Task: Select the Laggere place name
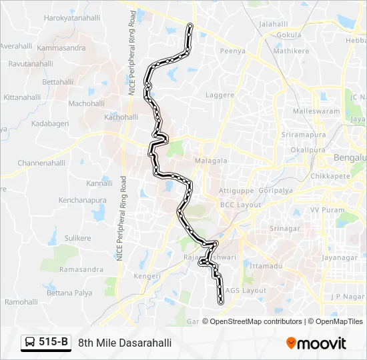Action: tap(220, 95)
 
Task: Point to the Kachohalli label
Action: tap(121, 117)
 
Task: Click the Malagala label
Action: tap(211, 161)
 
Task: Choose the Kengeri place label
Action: tap(147, 276)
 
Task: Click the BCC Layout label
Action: tap(240, 205)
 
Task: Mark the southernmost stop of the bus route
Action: tap(220, 303)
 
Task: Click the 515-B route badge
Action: tap(47, 343)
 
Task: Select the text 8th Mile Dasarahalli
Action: tap(125, 343)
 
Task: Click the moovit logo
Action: tap(316, 343)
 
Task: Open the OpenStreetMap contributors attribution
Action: tap(254, 321)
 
